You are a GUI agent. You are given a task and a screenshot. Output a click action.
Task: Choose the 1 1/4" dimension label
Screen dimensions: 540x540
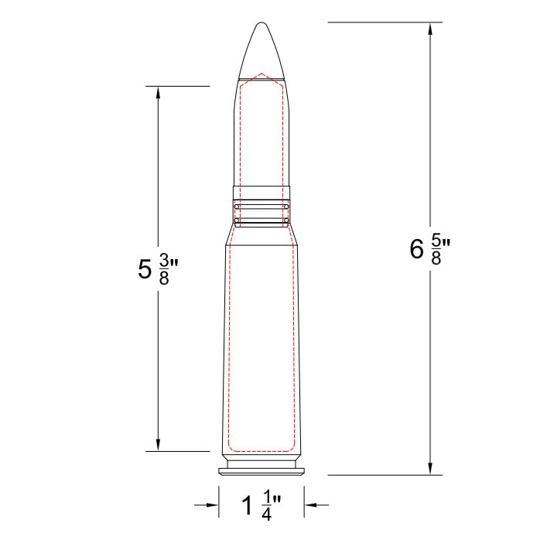click(x=261, y=506)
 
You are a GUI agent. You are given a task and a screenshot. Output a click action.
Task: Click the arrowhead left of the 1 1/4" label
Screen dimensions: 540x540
click(x=213, y=505)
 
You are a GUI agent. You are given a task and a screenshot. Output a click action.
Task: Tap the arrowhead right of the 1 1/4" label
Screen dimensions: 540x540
click(x=310, y=505)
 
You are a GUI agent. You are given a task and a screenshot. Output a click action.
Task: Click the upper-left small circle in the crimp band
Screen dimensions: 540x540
click(x=236, y=207)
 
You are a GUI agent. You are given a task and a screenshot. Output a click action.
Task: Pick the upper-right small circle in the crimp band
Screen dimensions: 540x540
click(x=287, y=207)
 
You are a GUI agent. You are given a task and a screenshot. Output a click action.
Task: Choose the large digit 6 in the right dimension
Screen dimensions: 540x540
click(x=417, y=249)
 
